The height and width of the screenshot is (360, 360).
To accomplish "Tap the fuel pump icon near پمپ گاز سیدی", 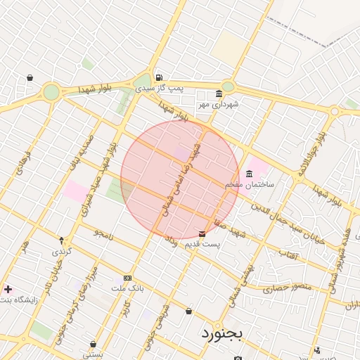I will (x=160, y=77).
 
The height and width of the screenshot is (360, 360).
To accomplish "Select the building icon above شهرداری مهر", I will (x=219, y=94).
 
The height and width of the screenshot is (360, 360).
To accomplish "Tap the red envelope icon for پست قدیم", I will (x=202, y=233).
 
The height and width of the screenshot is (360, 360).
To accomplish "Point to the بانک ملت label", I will (x=127, y=288).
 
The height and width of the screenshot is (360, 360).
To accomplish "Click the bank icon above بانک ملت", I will (x=127, y=278).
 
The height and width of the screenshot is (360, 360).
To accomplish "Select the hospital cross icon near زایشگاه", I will (x=8, y=289).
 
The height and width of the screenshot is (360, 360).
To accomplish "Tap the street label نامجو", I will (x=103, y=232).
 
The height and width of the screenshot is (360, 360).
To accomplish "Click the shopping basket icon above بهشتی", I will (x=93, y=344).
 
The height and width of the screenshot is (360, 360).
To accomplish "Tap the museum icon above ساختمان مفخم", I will (x=249, y=174).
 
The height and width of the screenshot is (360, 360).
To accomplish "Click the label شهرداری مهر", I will (x=219, y=104).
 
